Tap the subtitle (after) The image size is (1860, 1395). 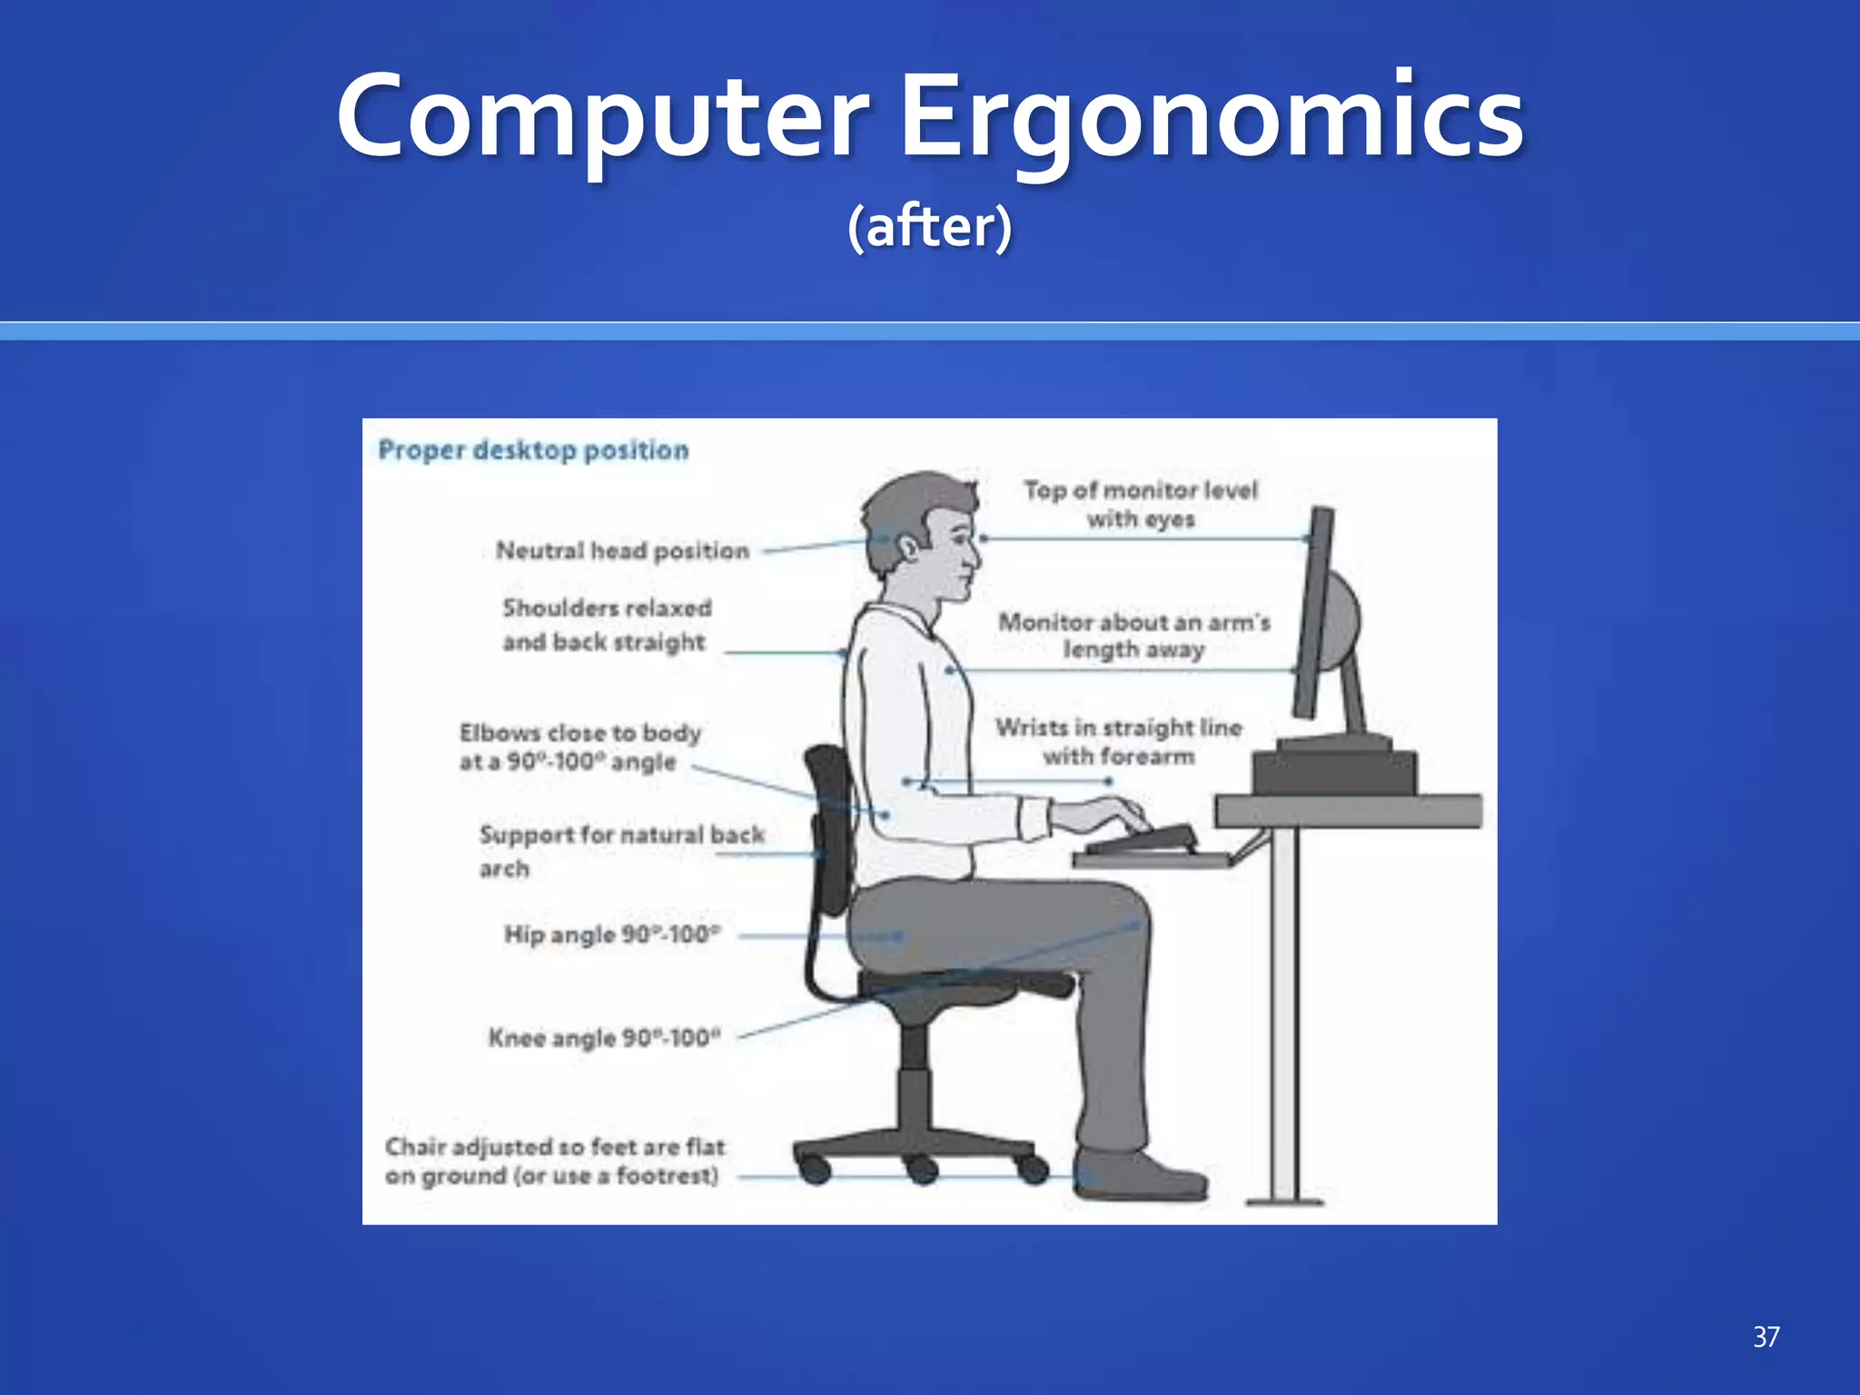tap(929, 226)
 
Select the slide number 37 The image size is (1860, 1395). tap(1766, 1336)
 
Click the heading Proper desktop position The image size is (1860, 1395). tap(533, 450)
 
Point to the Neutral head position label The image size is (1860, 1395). tap(622, 550)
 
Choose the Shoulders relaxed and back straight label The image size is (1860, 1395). tap(607, 625)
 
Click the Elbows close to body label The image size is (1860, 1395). tap(579, 747)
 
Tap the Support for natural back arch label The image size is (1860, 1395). tap(621, 850)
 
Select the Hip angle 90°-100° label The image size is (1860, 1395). tap(612, 935)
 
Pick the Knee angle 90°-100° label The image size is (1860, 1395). tap(604, 1037)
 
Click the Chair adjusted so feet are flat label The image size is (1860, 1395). tap(554, 1161)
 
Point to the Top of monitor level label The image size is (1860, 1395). tap(1141, 504)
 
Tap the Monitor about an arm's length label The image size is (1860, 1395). tap(1134, 636)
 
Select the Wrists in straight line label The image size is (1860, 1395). tap(1119, 741)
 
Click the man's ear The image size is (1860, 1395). tap(907, 546)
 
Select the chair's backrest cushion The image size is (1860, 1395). tap(829, 826)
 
